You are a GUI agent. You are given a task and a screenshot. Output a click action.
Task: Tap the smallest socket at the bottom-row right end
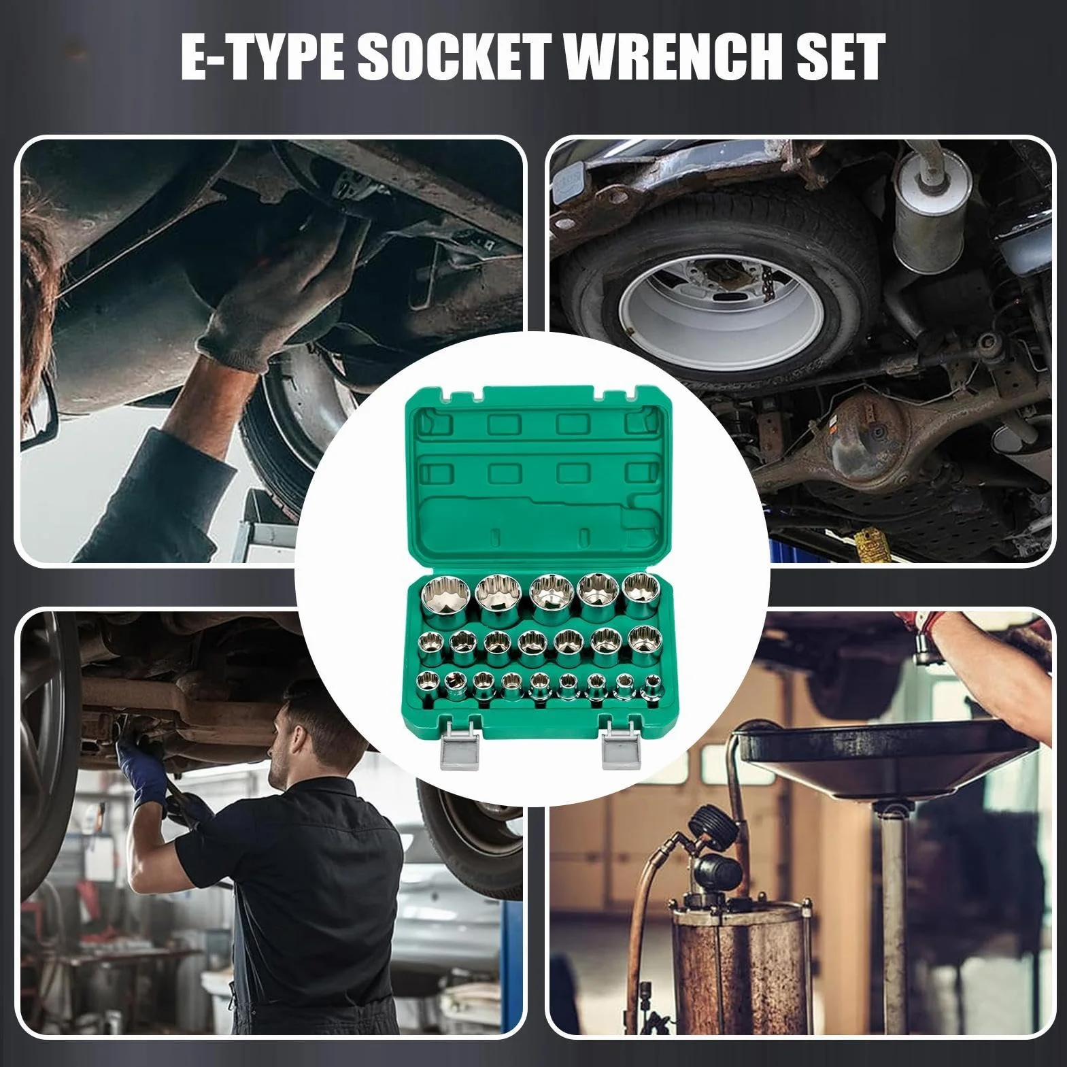click(654, 687)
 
